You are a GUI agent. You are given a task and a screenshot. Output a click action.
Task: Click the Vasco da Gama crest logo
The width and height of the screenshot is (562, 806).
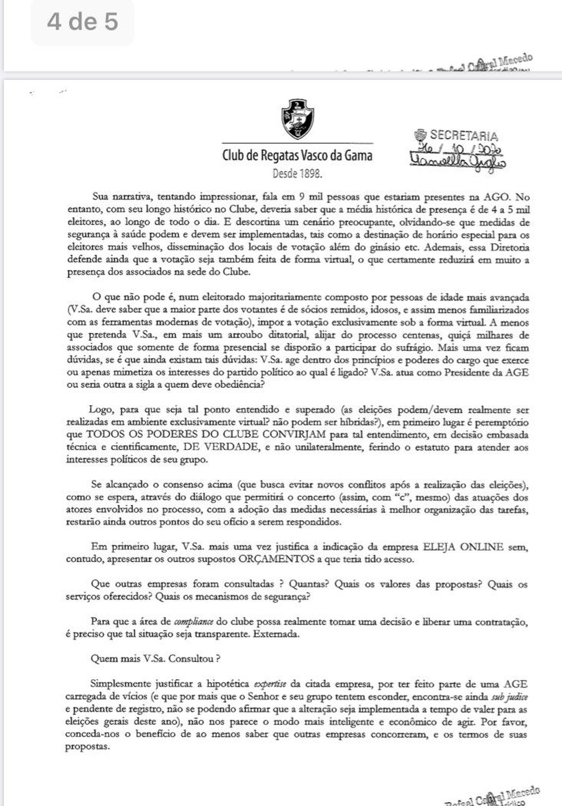298,119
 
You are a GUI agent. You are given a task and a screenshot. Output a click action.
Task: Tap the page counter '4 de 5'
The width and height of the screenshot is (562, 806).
82,22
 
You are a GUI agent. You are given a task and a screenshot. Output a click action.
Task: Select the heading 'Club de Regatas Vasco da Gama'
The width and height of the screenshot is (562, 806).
297,155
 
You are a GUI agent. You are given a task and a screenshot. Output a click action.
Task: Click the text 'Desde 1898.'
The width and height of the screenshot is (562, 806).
297,173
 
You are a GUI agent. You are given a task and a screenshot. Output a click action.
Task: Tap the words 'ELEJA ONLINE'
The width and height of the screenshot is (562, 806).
463,547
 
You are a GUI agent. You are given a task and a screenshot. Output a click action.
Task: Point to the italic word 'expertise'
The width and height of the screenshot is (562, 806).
270,684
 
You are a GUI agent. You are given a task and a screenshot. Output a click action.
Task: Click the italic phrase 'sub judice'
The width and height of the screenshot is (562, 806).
509,696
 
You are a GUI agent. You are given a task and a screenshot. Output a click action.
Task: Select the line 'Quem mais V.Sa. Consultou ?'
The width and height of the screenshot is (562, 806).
155,659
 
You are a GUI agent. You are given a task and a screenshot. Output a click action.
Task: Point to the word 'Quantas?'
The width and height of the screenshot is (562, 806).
308,584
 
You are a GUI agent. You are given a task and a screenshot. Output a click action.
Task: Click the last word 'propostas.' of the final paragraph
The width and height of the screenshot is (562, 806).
87,747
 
